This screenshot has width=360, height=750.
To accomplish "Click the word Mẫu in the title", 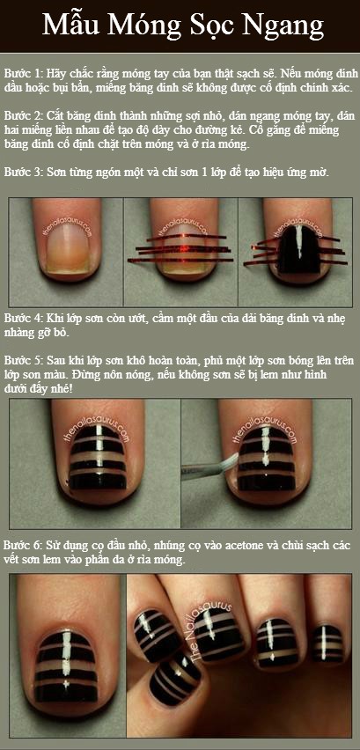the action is (70, 25).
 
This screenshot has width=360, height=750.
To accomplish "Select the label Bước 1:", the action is (24, 74).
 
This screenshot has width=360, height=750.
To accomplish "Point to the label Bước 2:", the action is (24, 116).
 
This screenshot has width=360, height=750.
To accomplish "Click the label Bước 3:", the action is (24, 173).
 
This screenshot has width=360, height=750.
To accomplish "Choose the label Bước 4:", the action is (24, 319).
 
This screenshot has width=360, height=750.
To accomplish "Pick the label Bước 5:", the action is (24, 360).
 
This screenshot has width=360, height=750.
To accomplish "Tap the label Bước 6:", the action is (24, 546).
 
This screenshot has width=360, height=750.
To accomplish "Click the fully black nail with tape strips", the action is (299, 247).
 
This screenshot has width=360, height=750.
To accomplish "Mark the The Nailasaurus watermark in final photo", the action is (210, 628).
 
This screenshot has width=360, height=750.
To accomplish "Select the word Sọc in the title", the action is (203, 26).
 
